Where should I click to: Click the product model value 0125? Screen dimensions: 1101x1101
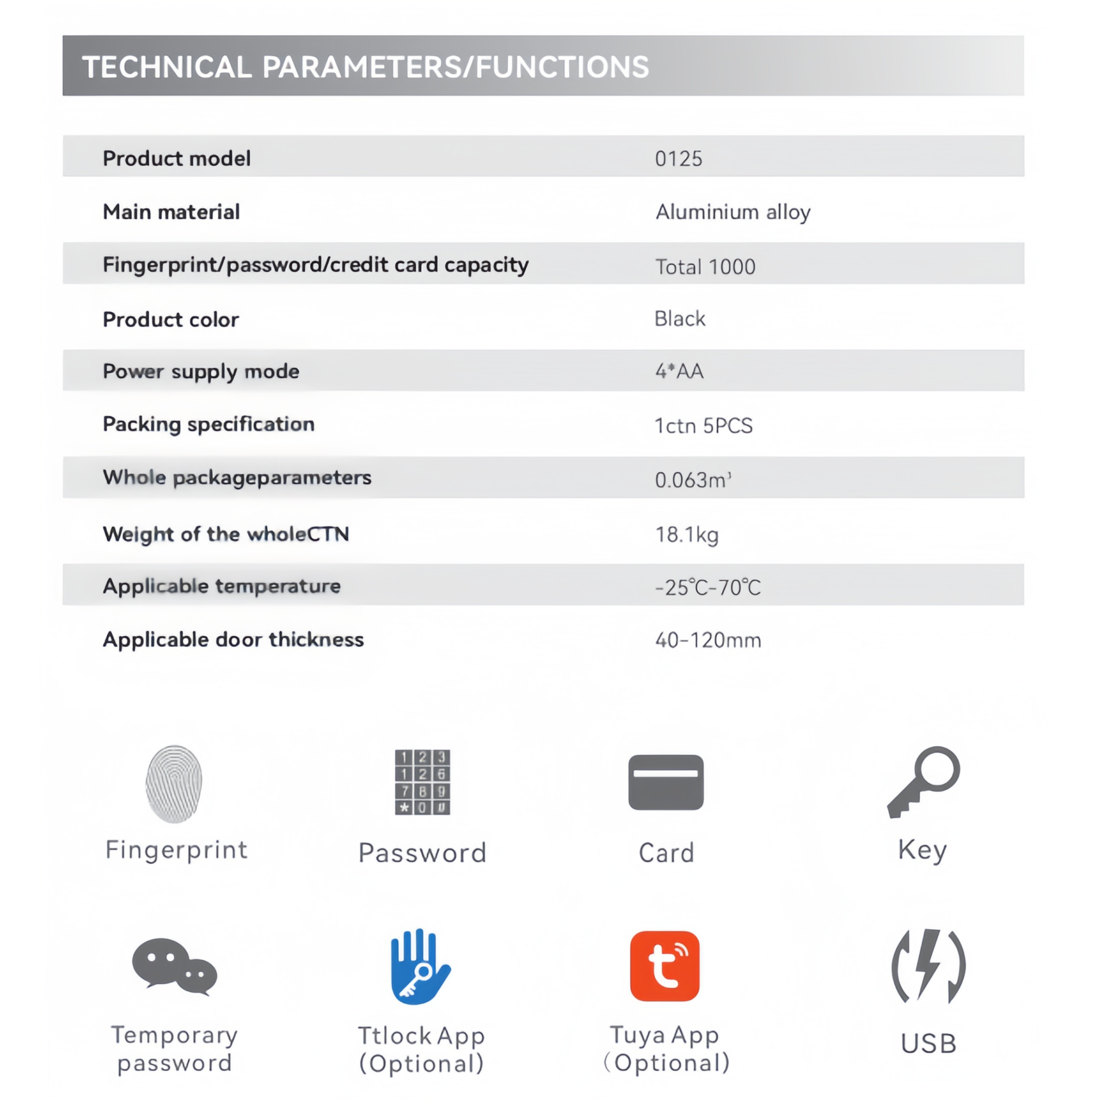(x=678, y=159)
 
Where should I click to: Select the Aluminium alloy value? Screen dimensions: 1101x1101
(x=733, y=212)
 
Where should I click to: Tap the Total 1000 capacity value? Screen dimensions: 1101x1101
(x=705, y=267)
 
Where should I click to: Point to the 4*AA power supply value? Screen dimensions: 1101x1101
(x=679, y=371)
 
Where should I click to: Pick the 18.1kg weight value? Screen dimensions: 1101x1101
(x=687, y=534)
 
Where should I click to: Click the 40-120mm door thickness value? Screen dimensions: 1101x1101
(x=708, y=640)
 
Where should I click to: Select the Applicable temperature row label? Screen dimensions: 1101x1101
(x=222, y=586)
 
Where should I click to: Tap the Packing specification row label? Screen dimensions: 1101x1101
(x=209, y=424)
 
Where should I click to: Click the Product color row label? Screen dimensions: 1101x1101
(x=171, y=320)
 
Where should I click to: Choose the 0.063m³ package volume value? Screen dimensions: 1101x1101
(x=693, y=480)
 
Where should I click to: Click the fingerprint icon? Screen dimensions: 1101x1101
(x=174, y=783)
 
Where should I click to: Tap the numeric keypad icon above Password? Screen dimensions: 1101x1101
(x=422, y=782)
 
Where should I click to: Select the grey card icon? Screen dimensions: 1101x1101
(x=666, y=782)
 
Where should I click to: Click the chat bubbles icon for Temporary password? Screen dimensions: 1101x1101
(x=174, y=966)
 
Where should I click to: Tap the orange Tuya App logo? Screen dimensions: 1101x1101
(x=664, y=966)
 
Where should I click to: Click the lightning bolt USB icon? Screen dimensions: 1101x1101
(x=928, y=966)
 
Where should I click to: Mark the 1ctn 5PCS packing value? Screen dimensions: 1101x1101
(x=703, y=426)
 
